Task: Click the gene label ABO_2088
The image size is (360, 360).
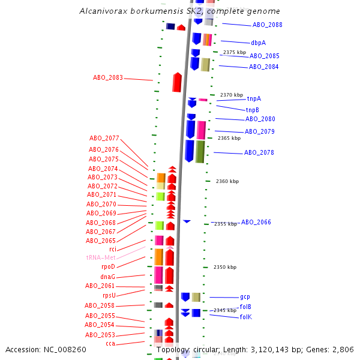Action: [x=267, y=25]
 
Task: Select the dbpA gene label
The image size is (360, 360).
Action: [x=258, y=43]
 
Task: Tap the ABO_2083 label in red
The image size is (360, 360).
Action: [x=108, y=77]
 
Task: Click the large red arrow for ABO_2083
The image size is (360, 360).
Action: [x=177, y=82]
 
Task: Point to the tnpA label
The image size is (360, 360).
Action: [x=254, y=98]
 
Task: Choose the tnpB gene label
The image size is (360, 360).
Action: [x=252, y=110]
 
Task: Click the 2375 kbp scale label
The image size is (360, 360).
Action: [x=234, y=52]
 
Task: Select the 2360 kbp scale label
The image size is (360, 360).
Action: [x=227, y=181]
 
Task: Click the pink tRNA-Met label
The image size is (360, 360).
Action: [x=101, y=257]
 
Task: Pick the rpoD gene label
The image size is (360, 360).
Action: [x=108, y=266]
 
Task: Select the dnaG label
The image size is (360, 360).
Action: [x=107, y=277]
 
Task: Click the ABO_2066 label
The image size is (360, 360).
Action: [x=256, y=222]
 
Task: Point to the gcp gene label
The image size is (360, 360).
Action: [x=245, y=296]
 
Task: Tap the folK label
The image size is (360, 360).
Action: [x=245, y=316]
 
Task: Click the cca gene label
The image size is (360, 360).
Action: [x=110, y=343]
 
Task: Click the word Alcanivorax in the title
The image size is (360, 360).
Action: [x=104, y=11]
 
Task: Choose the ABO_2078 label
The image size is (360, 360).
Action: [x=259, y=152]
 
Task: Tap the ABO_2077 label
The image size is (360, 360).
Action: [x=104, y=138]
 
